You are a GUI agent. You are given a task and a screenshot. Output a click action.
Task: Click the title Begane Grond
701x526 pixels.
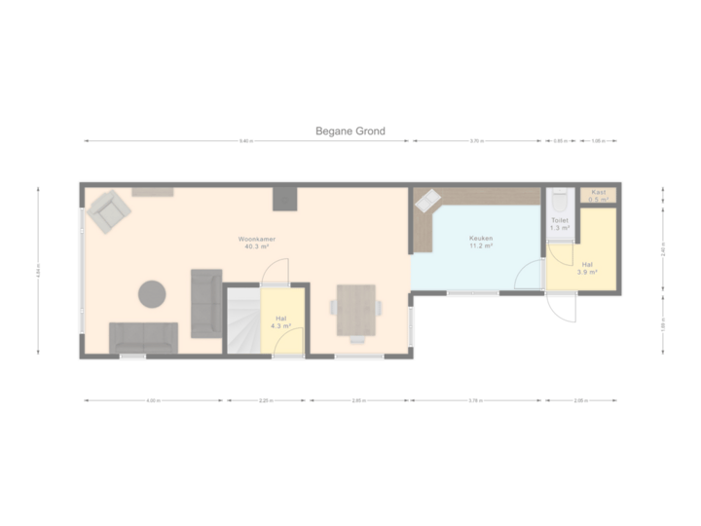click(x=350, y=131)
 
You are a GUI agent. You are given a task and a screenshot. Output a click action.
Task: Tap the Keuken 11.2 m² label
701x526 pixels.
click(x=480, y=243)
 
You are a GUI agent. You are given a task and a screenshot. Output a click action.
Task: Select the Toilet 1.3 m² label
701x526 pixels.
click(x=560, y=224)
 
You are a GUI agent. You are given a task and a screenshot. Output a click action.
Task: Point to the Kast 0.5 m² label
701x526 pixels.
click(x=598, y=196)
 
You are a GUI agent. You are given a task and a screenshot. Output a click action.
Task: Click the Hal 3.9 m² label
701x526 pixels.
click(x=587, y=269)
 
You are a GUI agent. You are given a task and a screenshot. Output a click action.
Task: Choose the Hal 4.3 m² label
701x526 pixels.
click(x=280, y=321)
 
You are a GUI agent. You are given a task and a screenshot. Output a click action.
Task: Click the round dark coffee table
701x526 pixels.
click(x=153, y=293)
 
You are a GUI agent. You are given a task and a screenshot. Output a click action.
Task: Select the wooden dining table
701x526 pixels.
click(x=356, y=310)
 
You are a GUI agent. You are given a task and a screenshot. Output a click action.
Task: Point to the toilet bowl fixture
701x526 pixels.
click(x=559, y=200)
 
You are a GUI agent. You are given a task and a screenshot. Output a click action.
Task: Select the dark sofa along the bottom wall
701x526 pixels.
click(x=144, y=337)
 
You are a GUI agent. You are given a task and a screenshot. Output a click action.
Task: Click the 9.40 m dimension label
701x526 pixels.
click(x=245, y=142)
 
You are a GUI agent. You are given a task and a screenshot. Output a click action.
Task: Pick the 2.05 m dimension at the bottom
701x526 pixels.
click(x=580, y=400)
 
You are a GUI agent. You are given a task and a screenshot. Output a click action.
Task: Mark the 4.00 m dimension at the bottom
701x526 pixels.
click(x=154, y=400)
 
